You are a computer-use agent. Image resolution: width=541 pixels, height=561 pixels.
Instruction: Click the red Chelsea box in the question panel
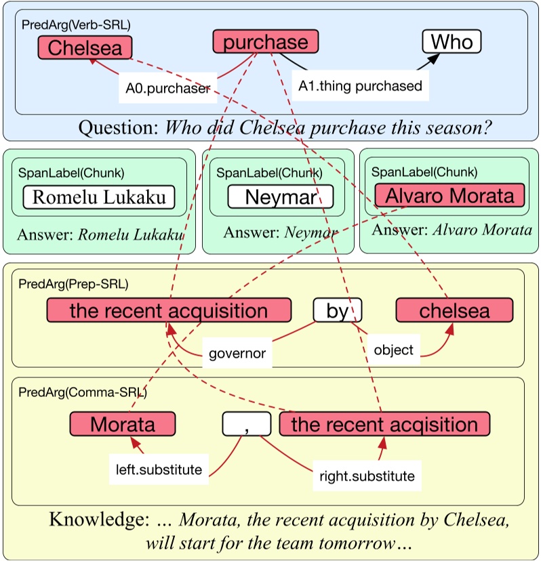pos(85,47)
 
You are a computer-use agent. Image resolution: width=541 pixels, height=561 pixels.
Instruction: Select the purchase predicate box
pos(266,41)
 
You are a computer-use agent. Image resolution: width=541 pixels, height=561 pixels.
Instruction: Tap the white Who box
pos(452,41)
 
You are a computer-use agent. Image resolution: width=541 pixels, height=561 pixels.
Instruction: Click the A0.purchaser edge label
pos(168,88)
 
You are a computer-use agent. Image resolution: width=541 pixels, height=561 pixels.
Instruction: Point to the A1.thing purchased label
pos(360,86)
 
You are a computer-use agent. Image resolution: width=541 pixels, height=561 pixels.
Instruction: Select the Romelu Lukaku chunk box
pos(99,197)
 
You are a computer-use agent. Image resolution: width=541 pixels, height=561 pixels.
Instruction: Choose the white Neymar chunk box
pos(281,196)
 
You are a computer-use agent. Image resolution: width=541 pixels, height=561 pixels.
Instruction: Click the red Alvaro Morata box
pos(449,195)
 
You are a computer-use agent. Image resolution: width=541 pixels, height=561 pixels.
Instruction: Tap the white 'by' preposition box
pos(337,310)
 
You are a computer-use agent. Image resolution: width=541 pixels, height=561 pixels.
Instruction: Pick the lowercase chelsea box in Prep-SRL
pos(454,310)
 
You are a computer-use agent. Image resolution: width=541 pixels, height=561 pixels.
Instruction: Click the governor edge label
pos(237,353)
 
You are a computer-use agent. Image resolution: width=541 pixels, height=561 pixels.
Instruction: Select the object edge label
pos(393,350)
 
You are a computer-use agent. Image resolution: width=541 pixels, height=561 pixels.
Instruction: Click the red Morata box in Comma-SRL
pos(123,424)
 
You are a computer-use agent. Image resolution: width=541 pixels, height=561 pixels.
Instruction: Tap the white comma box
pos(247,424)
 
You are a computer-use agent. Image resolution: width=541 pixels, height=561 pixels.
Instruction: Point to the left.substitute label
pos(159,470)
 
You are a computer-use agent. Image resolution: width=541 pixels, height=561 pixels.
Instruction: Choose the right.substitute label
pos(367,476)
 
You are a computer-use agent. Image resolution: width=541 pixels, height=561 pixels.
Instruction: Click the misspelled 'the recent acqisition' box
pos(384,424)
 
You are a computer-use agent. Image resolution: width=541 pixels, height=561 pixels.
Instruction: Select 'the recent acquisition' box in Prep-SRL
pos(169,310)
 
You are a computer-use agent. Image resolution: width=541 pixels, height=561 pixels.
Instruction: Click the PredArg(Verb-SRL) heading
pos(76,24)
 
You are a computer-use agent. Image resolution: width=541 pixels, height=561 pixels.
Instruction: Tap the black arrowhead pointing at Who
pos(434,60)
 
